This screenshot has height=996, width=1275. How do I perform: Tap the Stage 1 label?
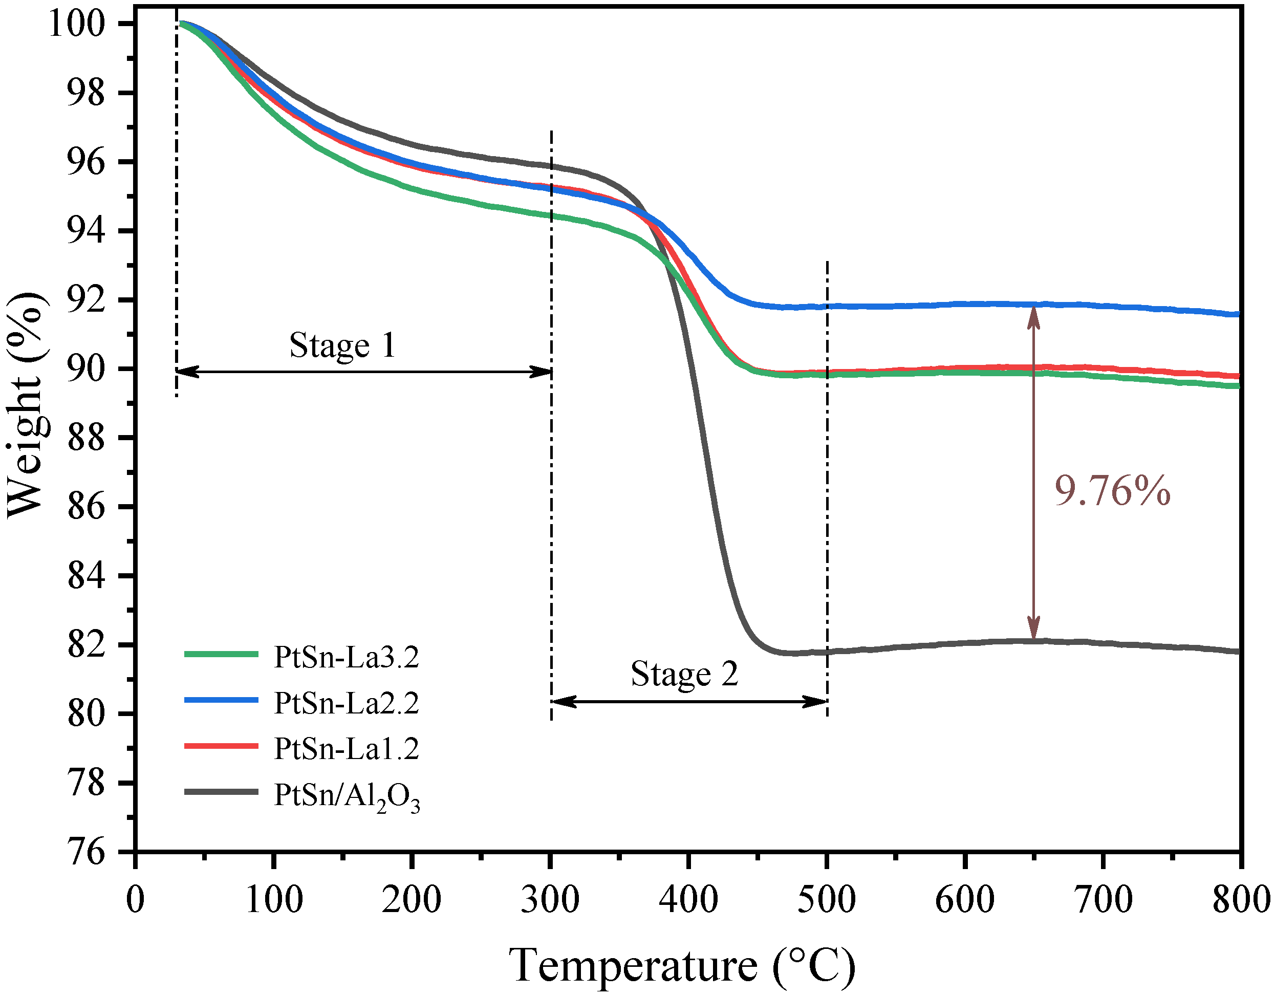click(x=343, y=345)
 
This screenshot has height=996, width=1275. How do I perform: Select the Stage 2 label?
click(x=684, y=674)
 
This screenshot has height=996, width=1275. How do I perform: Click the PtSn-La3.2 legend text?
click(x=346, y=657)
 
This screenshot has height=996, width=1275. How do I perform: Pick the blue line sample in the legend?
click(x=221, y=700)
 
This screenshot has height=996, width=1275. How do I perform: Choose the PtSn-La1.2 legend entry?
click(x=346, y=748)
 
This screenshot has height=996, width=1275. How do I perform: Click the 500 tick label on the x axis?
click(x=827, y=900)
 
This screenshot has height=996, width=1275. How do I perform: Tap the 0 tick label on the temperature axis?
click(x=136, y=900)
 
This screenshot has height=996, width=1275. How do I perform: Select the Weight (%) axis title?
click(x=26, y=404)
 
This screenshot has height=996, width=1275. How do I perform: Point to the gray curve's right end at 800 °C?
click(x=1238, y=651)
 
